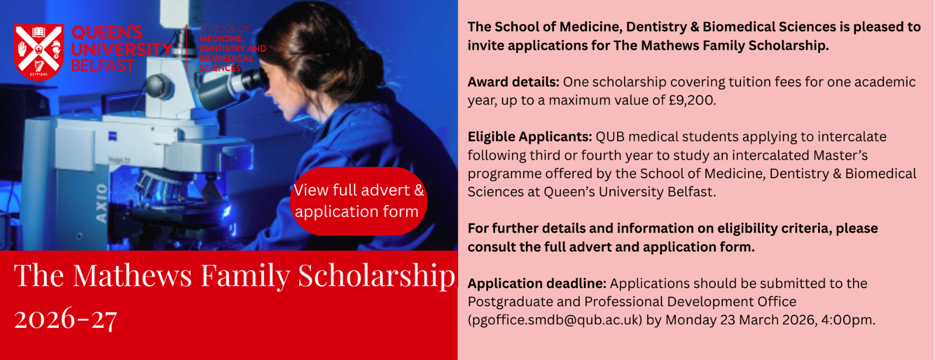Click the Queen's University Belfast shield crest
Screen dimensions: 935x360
click(39, 52)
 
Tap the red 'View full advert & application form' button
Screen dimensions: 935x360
click(359, 201)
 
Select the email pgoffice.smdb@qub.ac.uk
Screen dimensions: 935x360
click(555, 320)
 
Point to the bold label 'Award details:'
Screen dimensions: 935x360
click(513, 82)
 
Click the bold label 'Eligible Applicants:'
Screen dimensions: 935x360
click(529, 137)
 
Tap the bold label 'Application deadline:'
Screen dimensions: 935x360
click(537, 283)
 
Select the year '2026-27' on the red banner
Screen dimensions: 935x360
click(65, 319)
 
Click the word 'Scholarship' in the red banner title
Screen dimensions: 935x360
click(376, 276)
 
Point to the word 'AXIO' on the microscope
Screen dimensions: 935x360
click(102, 203)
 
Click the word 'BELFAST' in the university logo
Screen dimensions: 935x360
click(102, 65)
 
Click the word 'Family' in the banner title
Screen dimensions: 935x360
click(245, 276)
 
